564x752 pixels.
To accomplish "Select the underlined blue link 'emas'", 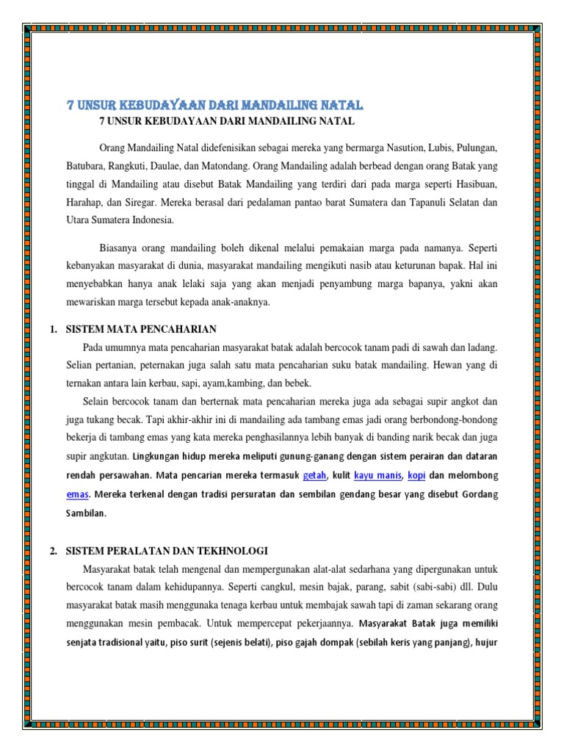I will click(x=76, y=495).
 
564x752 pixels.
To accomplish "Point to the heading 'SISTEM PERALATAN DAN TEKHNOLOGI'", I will click(x=167, y=551).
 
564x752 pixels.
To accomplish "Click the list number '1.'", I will click(x=54, y=329).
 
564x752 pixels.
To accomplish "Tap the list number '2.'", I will click(x=54, y=551).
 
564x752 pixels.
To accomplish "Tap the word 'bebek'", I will click(x=296, y=383).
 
